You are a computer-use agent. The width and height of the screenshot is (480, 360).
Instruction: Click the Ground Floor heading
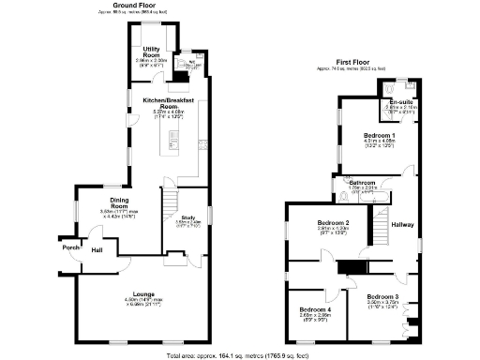(134, 5)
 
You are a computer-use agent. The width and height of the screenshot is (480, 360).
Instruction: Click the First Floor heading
(360, 64)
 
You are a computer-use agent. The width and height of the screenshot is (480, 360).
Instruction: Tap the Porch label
(70, 247)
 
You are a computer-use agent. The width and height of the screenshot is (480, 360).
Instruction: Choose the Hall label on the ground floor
(97, 250)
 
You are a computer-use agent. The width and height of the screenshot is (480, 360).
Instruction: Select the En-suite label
(401, 102)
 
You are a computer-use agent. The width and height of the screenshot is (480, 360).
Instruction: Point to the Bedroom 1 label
(380, 136)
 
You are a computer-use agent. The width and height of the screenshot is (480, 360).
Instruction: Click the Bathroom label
(362, 182)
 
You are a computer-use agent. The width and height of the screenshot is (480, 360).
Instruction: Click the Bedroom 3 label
(382, 297)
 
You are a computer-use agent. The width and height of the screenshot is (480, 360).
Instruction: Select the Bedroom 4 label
(315, 309)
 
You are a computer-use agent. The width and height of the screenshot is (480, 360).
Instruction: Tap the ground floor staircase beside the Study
(169, 202)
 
